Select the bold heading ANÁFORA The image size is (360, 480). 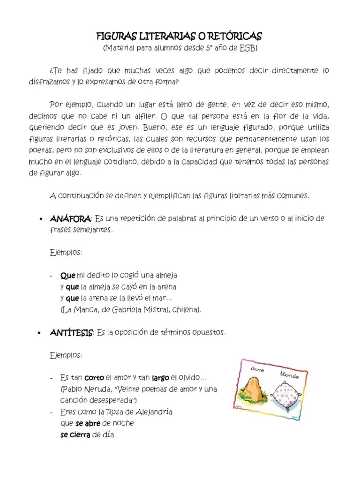coord(70,219)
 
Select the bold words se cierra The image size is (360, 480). coord(75,435)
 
